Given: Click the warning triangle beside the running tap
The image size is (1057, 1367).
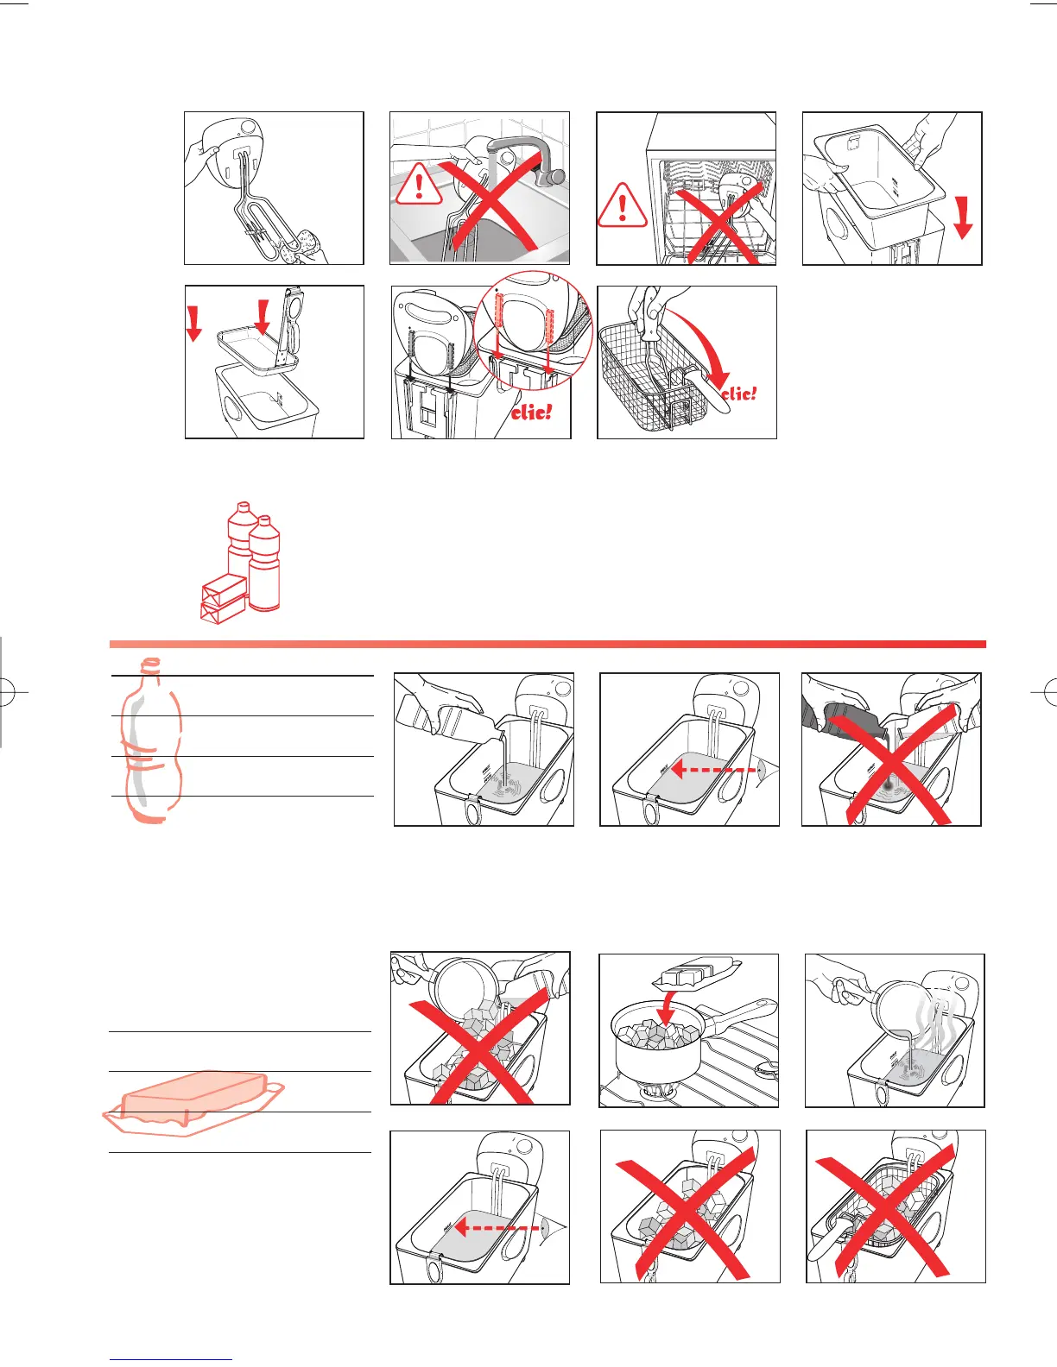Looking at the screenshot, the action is (419, 185).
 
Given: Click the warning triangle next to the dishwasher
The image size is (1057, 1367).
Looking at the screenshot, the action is (622, 205).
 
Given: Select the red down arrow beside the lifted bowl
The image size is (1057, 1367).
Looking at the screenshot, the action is (963, 217).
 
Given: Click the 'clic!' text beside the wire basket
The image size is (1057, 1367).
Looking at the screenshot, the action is (739, 394).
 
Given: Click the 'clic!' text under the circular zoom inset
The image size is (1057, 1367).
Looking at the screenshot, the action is (531, 412).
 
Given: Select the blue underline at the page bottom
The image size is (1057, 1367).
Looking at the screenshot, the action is (171, 1359).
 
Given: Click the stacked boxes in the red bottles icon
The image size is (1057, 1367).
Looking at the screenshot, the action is (223, 598).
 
